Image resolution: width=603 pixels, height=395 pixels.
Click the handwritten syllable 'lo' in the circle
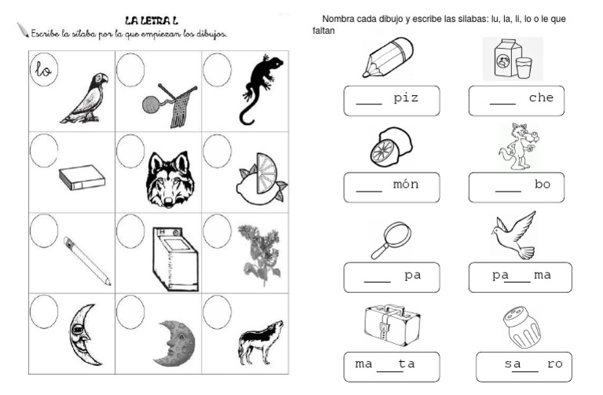(x=43, y=70)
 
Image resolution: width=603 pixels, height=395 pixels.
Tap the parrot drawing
(x=86, y=98)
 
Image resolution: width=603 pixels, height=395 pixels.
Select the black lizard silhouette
(x=260, y=90)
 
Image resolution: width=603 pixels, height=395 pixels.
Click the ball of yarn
(x=151, y=104)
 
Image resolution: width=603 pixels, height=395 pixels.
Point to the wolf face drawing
(x=170, y=180)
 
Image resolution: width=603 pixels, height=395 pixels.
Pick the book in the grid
(x=82, y=177)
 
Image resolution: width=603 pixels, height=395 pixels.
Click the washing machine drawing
(x=175, y=258)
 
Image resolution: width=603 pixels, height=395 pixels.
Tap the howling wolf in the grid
(x=261, y=342)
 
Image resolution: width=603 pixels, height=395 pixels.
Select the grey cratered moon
(x=175, y=343)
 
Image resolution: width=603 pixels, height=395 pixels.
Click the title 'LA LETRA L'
(x=152, y=20)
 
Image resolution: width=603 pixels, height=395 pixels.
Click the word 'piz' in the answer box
(x=406, y=98)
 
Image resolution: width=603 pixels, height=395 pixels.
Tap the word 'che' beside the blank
(x=541, y=97)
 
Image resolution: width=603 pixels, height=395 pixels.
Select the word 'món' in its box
(x=406, y=184)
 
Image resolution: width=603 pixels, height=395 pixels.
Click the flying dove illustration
(x=514, y=235)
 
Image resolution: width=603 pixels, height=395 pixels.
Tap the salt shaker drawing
(x=521, y=327)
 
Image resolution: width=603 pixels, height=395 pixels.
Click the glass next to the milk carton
(x=524, y=68)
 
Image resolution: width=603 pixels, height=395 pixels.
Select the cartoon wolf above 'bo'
(x=519, y=147)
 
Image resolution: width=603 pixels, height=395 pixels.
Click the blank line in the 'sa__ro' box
(x=525, y=371)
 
